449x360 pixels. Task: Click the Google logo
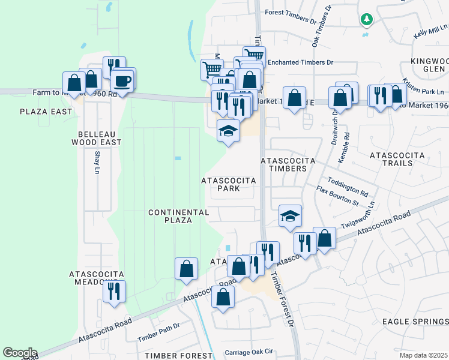tap(20, 353)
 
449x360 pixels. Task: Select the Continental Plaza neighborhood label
tap(178, 216)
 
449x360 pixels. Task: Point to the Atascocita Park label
tap(229, 184)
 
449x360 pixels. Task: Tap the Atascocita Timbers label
tap(284, 164)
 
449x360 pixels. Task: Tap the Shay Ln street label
tap(97, 162)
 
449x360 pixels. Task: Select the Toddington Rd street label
tap(348, 187)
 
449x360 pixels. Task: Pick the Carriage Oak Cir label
tap(249, 352)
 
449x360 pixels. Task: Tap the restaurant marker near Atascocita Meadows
tap(113, 292)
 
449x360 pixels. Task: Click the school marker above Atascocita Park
tap(228, 131)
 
